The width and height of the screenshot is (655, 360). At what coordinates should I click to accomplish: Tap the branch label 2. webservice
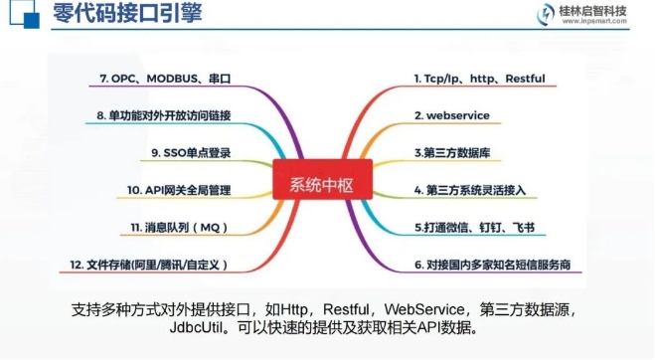tap(452, 115)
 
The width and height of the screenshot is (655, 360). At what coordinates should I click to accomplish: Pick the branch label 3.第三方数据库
tap(452, 153)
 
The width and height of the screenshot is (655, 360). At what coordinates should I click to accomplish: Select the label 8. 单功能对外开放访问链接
tap(163, 116)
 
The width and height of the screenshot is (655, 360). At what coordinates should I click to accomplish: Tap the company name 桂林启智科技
tap(600, 12)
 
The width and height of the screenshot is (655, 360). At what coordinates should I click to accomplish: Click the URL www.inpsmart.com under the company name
tap(599, 26)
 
